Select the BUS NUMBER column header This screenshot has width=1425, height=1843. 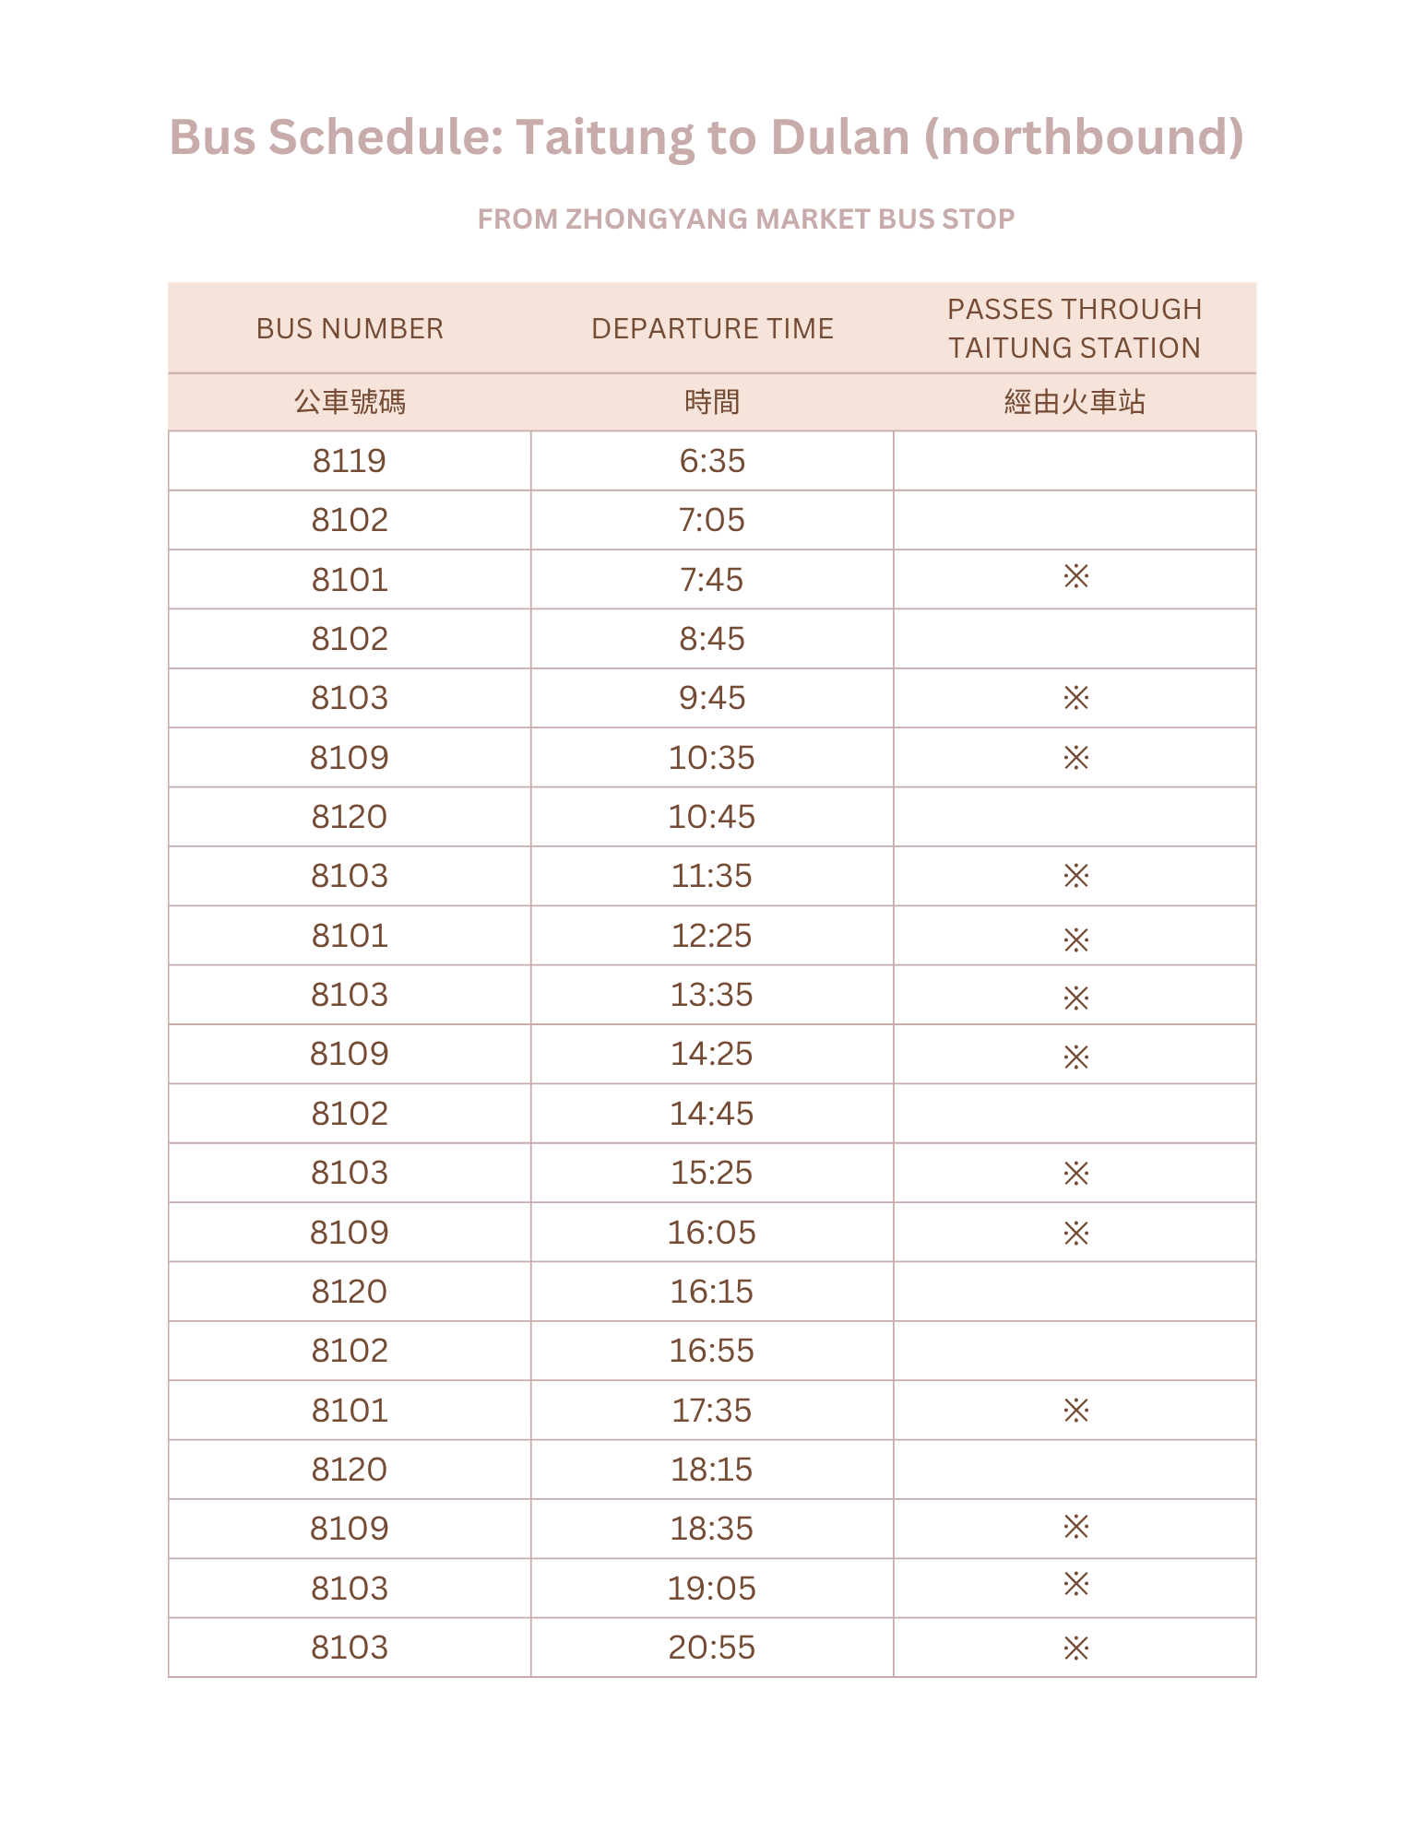[x=350, y=329]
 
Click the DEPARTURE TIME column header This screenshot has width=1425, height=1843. [x=712, y=329]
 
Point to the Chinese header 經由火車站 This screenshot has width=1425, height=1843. [x=1075, y=403]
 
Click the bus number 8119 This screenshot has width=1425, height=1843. [x=350, y=461]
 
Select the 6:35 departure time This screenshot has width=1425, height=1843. [x=712, y=461]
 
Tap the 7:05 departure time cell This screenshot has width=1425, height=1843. [x=712, y=520]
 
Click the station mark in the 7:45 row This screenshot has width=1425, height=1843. [x=1075, y=578]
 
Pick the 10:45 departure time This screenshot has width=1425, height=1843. [x=712, y=817]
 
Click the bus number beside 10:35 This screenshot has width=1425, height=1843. [x=350, y=758]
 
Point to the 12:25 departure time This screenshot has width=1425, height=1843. [x=712, y=936]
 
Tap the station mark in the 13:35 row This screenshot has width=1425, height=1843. [x=1075, y=998]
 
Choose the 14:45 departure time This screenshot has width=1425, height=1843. [x=712, y=1114]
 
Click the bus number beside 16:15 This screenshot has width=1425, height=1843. [x=350, y=1292]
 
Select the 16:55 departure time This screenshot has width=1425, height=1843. [x=712, y=1351]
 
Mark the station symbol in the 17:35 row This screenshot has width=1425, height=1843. [x=1075, y=1411]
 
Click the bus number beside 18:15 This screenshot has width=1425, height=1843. [x=350, y=1470]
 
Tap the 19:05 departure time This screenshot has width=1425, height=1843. [x=712, y=1589]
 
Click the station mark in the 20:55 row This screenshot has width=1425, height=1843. [x=1075, y=1648]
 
